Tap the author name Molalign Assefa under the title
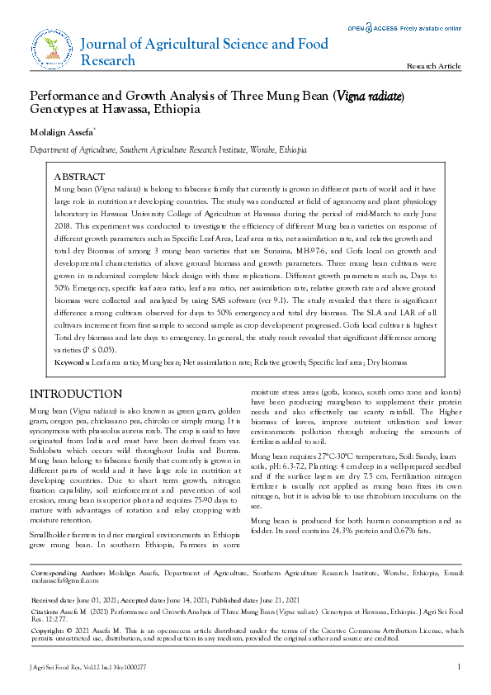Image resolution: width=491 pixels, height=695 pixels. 61,132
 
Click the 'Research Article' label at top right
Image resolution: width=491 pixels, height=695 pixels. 435,65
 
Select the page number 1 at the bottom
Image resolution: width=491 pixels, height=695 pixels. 459,666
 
